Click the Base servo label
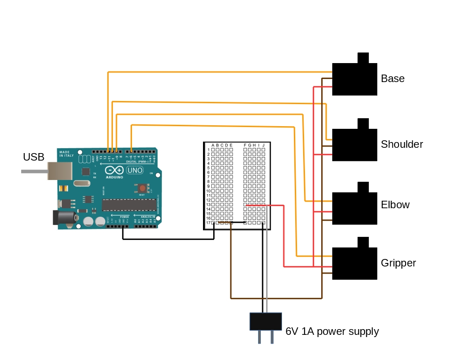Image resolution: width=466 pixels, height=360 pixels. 392,79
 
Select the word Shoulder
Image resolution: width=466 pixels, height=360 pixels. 402,144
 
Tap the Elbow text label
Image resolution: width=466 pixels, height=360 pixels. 395,205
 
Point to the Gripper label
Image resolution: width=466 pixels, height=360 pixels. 398,263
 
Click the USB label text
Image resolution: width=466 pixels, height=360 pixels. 34,157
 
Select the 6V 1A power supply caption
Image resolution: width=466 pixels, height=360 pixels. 332,331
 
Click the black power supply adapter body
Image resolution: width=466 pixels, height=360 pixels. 266,322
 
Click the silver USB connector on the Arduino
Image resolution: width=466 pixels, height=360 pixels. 59,171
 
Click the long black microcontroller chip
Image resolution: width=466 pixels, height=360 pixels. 128,205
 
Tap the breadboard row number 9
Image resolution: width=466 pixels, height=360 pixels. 208,186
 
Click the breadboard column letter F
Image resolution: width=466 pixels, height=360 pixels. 245,145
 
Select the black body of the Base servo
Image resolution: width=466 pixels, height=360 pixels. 354,79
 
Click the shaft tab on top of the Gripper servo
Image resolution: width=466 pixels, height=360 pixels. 363,242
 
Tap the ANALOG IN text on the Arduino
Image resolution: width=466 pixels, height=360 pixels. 147,217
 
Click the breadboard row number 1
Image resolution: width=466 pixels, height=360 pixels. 208,150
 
